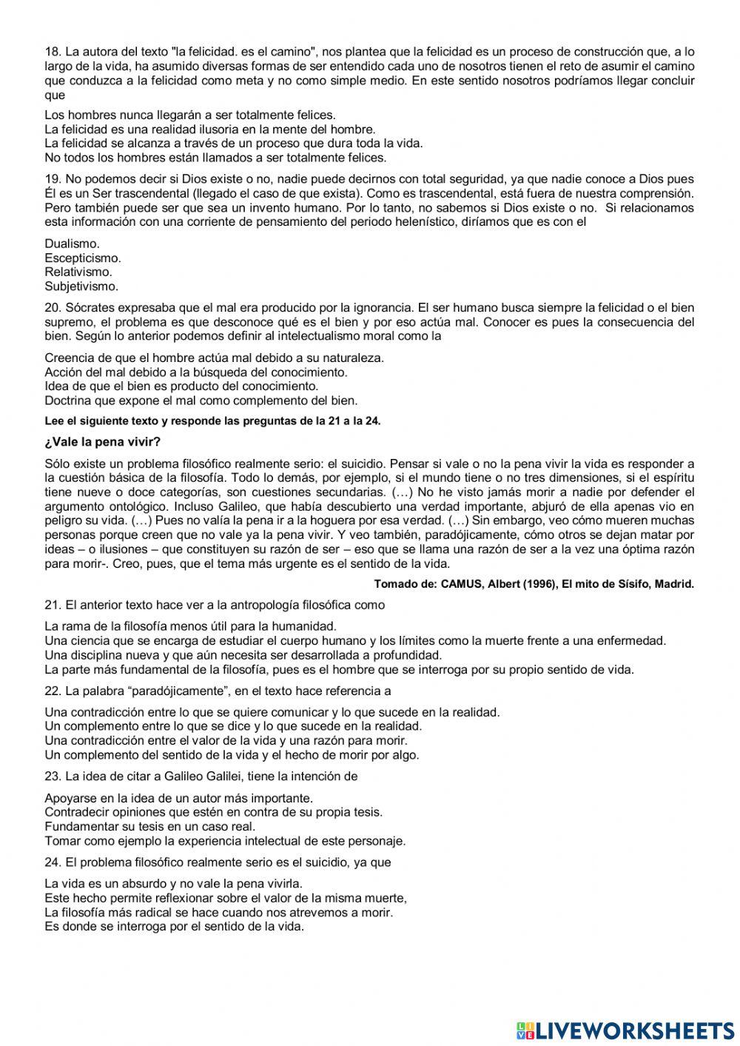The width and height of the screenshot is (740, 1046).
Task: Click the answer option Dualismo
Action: (x=72, y=244)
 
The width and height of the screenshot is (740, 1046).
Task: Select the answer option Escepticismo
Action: (x=82, y=258)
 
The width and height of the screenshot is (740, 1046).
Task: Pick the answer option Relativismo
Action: (x=78, y=272)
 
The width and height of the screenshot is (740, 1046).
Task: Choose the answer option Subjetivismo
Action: (x=81, y=286)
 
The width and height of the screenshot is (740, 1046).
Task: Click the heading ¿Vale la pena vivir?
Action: (x=102, y=443)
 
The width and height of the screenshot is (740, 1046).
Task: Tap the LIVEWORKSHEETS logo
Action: (x=625, y=1030)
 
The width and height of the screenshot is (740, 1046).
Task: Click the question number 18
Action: (x=52, y=52)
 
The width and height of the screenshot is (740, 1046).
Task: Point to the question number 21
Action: (x=52, y=605)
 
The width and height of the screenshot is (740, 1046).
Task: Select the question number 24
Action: (x=52, y=862)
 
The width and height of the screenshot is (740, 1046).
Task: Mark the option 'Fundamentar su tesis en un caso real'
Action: (x=149, y=826)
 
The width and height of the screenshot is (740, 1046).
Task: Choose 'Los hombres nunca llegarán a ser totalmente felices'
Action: (x=189, y=115)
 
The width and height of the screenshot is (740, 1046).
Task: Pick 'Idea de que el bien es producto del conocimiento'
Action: (x=181, y=386)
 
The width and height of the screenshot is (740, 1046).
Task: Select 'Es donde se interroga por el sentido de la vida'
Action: (x=174, y=926)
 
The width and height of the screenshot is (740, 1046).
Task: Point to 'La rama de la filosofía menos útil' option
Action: (x=190, y=626)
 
